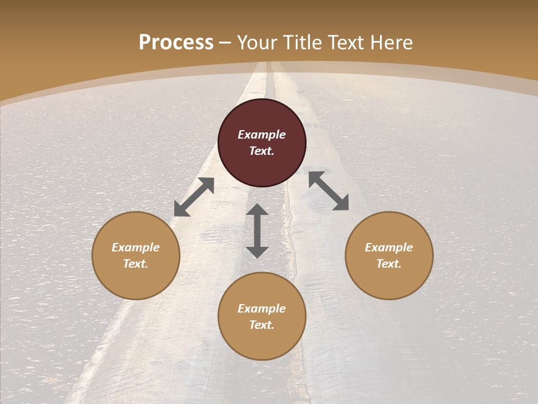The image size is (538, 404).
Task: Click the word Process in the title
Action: click(x=176, y=43)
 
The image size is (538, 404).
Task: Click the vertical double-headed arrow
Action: click(x=257, y=231)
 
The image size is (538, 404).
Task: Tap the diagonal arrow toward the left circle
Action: click(x=194, y=197)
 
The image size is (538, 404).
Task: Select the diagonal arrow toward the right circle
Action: click(x=328, y=191)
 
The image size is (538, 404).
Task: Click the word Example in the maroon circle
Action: click(x=262, y=135)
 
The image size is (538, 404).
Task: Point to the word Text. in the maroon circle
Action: click(x=262, y=151)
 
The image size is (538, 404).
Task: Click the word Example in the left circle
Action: click(x=136, y=247)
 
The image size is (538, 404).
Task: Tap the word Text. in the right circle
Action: click(x=389, y=264)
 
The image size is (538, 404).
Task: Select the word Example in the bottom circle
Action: click(x=262, y=309)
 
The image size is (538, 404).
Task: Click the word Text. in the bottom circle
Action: click(x=262, y=325)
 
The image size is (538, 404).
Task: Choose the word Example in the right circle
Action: click(x=389, y=247)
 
